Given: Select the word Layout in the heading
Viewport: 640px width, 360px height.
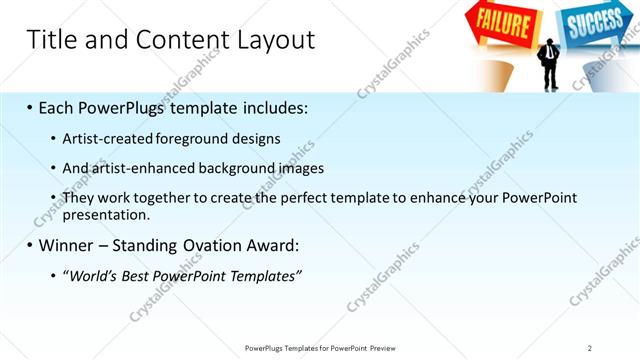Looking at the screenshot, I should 276,40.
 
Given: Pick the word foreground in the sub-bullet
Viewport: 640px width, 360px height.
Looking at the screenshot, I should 195,138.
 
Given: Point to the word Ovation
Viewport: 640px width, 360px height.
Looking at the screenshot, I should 210,244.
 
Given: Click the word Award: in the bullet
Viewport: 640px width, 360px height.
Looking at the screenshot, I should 270,244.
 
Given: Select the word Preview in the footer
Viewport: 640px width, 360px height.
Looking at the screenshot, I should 391,348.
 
